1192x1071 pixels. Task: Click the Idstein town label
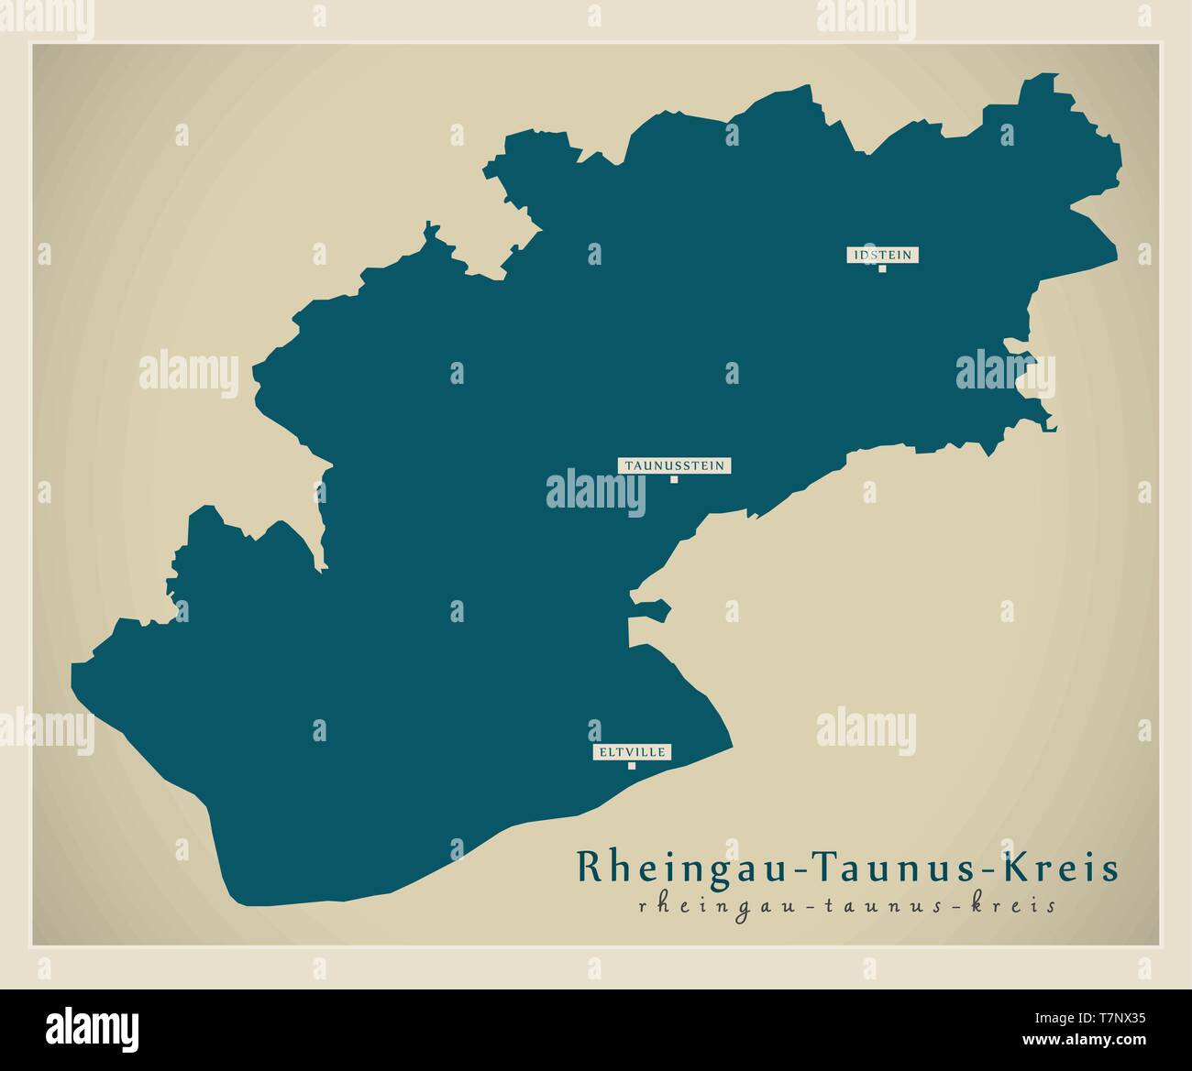click(882, 255)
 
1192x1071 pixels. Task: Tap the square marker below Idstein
click(882, 268)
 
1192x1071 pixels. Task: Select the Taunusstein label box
click(674, 465)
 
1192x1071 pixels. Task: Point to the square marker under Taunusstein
click(673, 479)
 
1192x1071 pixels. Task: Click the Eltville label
click(632, 752)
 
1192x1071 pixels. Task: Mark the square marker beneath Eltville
click(631, 766)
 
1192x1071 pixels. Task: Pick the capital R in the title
click(588, 867)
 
